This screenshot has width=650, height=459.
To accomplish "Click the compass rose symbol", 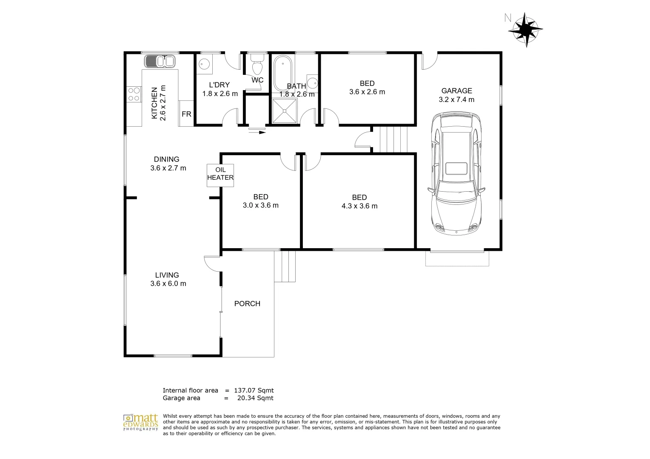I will click(x=525, y=29).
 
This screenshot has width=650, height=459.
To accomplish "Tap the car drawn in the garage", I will click(x=456, y=173).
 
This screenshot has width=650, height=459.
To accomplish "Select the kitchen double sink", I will click(x=160, y=62).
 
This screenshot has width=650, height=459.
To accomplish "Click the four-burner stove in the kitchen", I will click(x=134, y=94).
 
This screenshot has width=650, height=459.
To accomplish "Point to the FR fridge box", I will click(x=186, y=114).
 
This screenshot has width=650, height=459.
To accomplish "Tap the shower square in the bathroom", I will click(x=285, y=111).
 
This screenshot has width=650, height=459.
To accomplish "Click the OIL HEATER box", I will click(x=220, y=174).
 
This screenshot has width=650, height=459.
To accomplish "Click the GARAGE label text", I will click(x=456, y=91).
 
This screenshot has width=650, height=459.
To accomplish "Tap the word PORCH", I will click(x=247, y=303).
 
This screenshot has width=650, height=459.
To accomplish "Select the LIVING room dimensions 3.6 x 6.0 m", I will click(x=168, y=283).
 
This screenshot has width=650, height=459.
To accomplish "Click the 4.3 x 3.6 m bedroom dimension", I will click(x=359, y=206).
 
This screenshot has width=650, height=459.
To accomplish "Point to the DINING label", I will click(x=166, y=159).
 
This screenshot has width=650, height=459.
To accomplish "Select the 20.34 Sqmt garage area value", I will click(x=255, y=398).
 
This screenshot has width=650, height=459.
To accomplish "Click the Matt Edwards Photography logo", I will click(x=141, y=422).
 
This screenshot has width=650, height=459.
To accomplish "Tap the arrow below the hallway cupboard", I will click(x=257, y=132).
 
